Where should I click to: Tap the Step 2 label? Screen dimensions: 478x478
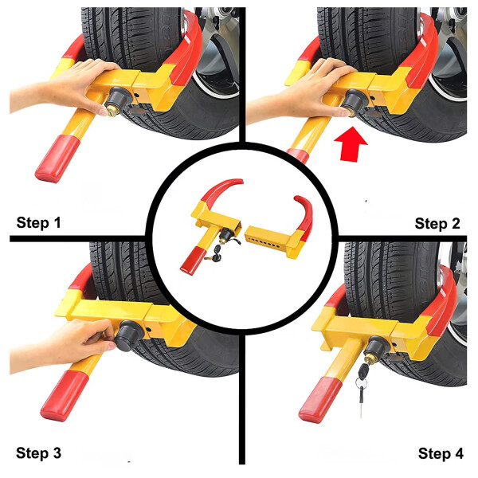(437, 223)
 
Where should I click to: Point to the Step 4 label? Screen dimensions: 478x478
(439, 454)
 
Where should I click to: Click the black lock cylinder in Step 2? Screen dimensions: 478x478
(351, 100)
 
